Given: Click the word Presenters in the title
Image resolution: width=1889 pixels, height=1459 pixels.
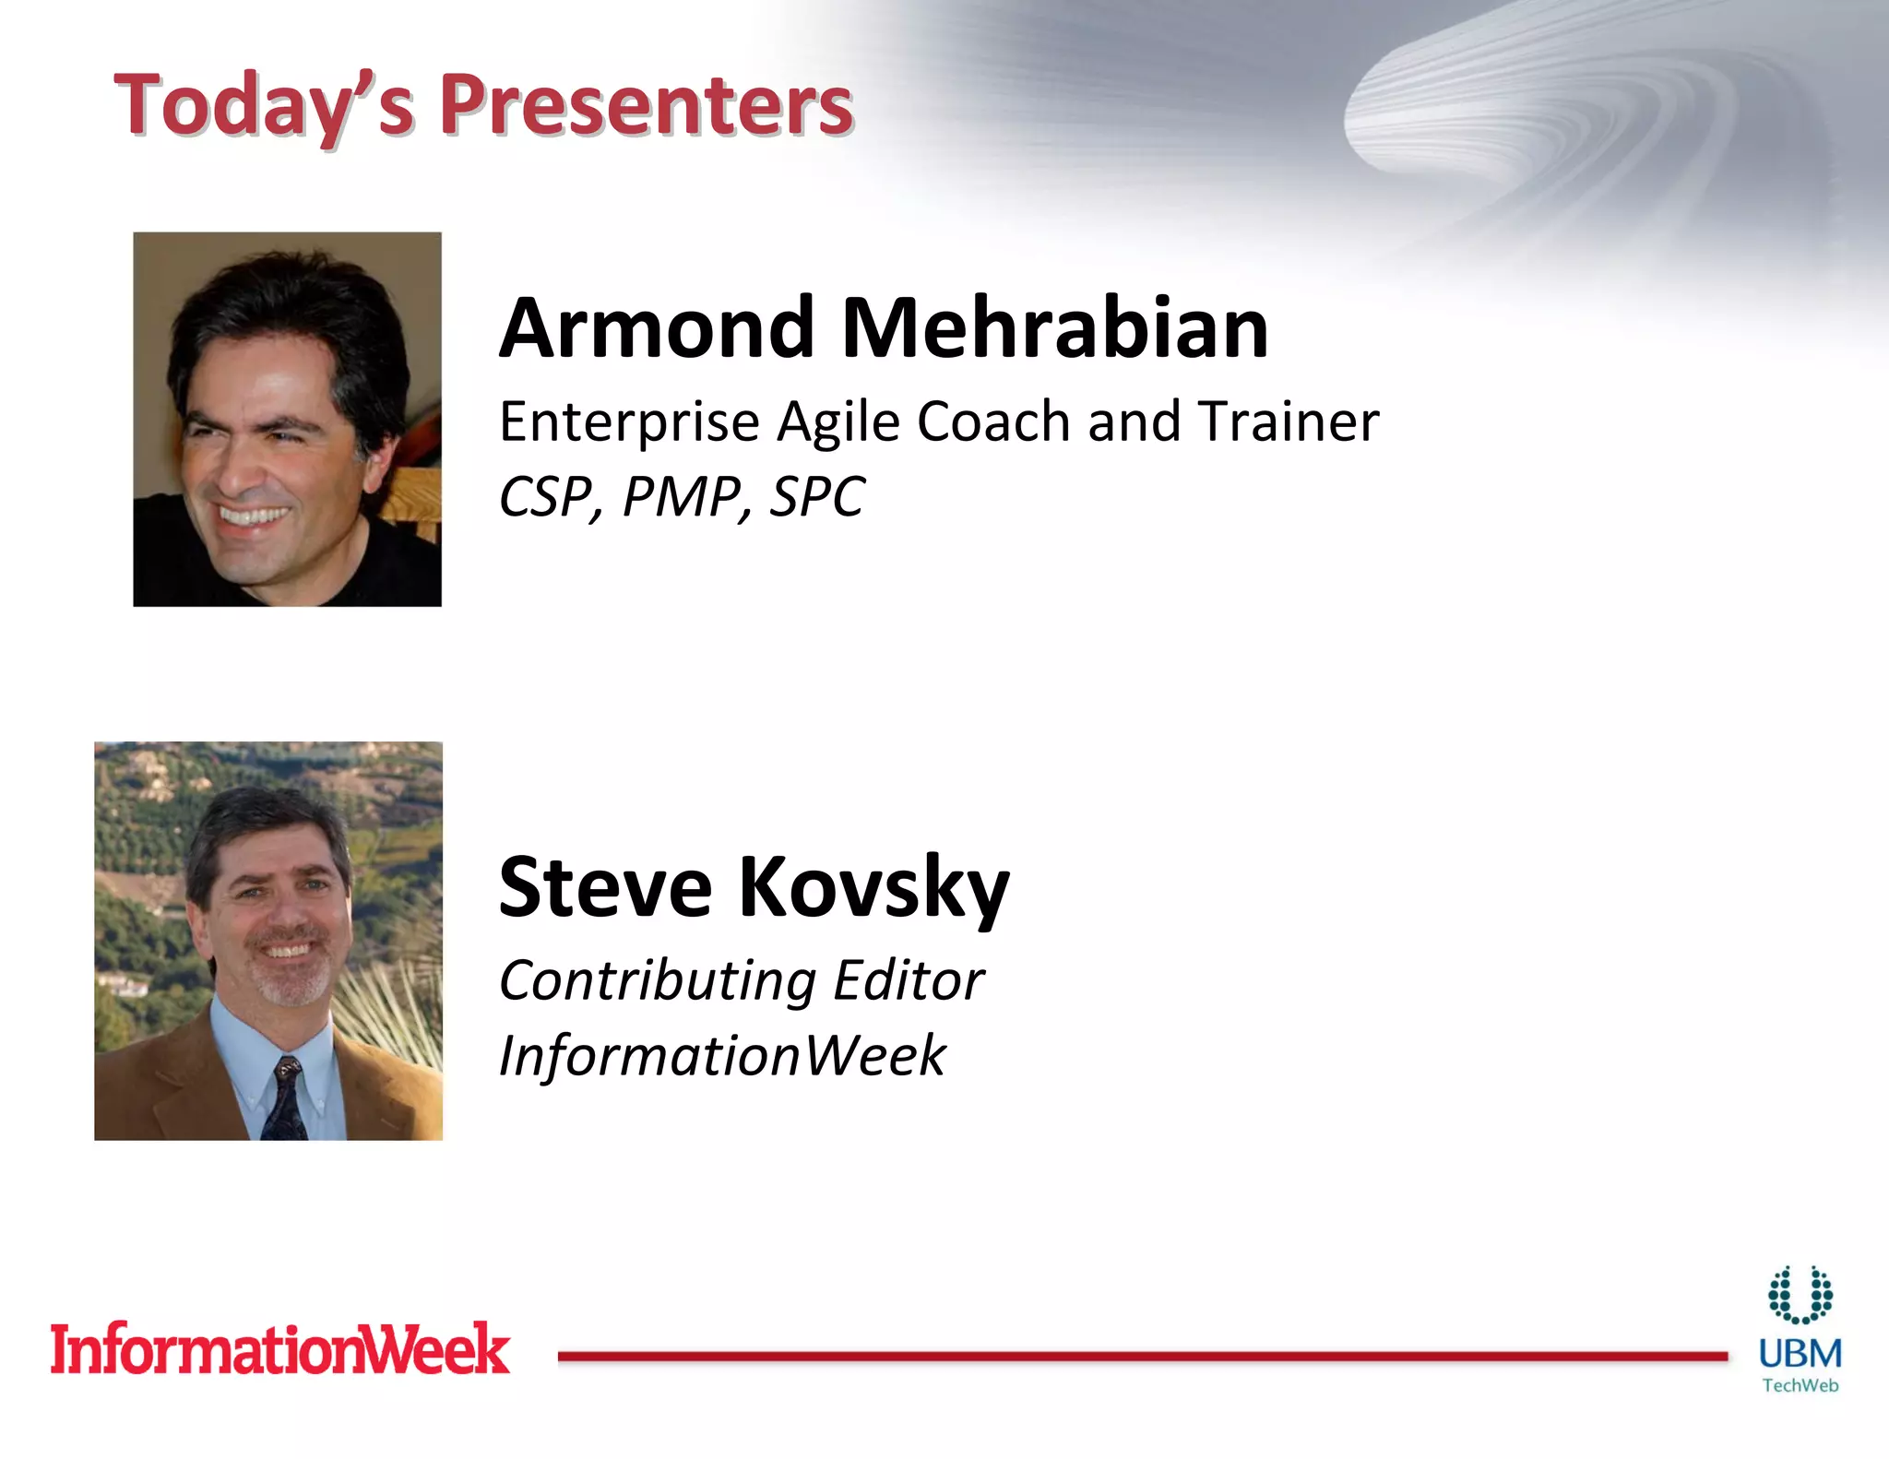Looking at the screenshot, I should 646,105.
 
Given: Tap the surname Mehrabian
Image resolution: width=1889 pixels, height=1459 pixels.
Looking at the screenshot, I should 1055,329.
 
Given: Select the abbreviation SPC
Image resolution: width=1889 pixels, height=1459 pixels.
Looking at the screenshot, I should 817,498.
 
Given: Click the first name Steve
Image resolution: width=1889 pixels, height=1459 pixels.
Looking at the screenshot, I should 605,887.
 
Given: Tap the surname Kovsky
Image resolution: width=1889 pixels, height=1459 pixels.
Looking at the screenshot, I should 873,889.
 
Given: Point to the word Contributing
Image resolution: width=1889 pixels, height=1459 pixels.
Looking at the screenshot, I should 658,980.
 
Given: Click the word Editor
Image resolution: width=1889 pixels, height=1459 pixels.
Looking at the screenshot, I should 909,980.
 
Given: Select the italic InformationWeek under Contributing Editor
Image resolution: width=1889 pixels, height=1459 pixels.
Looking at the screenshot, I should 722,1056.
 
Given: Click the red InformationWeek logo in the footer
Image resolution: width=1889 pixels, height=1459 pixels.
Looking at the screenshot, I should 279,1350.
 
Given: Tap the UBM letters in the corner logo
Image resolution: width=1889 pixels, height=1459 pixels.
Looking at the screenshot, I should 1800,1354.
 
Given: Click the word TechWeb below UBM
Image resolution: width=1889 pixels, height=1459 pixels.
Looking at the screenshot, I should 1800,1385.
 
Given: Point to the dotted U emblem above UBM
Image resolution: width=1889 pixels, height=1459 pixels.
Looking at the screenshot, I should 1800,1295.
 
